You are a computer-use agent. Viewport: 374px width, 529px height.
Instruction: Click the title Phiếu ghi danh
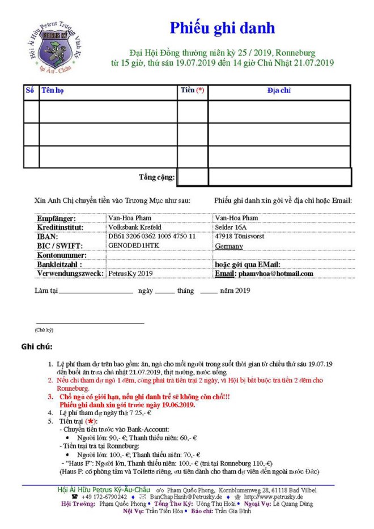click(x=222, y=27)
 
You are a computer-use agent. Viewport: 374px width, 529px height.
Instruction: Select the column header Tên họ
click(x=52, y=91)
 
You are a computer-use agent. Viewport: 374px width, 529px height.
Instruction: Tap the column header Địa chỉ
click(x=279, y=91)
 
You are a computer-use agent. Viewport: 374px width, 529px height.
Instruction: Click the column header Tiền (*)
click(x=192, y=91)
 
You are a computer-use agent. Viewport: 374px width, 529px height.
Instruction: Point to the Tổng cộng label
click(x=156, y=177)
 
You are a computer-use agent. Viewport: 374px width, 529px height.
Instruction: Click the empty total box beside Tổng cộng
click(x=193, y=177)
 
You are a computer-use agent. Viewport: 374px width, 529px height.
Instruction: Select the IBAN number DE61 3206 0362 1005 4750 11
click(x=152, y=236)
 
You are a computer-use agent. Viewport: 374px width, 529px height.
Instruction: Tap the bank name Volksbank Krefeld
click(x=135, y=227)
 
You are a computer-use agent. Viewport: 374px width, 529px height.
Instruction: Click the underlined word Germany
click(x=229, y=246)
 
